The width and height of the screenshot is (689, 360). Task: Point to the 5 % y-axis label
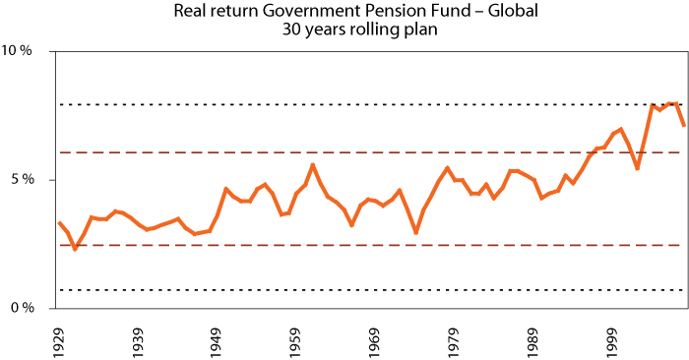pyautogui.click(x=24, y=180)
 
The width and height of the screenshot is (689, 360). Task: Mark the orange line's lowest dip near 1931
pyautogui.click(x=75, y=249)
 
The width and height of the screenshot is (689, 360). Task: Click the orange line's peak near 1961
pyautogui.click(x=312, y=164)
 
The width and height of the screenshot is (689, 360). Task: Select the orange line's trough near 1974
pyautogui.click(x=416, y=233)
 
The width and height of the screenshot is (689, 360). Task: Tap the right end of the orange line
pyautogui.click(x=683, y=125)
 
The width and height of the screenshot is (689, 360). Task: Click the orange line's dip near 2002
pyautogui.click(x=637, y=168)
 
